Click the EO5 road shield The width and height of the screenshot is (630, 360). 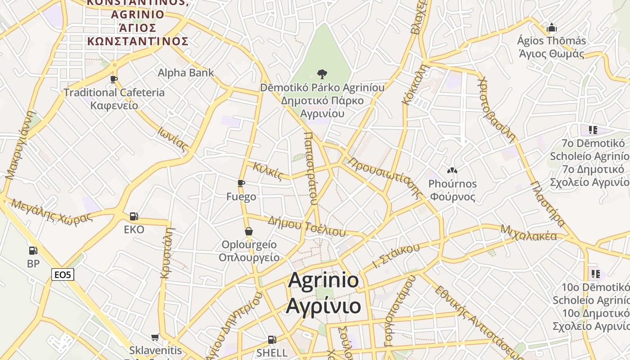63,274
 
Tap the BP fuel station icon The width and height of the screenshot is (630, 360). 33,251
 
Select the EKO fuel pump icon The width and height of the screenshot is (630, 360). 134,216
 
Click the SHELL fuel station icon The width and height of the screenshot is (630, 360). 271,340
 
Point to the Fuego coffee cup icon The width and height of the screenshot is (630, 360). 241,184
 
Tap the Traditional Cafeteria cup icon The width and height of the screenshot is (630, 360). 114,80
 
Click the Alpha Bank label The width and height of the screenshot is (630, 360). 185,72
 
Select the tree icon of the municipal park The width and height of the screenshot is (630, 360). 322,74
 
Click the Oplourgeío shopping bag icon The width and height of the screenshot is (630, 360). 248,231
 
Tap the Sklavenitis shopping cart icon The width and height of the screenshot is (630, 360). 155,337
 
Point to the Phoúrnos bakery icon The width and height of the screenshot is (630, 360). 452,171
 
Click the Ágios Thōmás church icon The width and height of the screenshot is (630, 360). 551,28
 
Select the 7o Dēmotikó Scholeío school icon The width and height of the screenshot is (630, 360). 593,130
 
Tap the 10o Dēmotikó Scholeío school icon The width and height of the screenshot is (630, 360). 596,274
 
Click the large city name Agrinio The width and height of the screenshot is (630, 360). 323,281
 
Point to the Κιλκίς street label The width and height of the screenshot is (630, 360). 268,171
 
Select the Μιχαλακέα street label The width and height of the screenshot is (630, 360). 528,234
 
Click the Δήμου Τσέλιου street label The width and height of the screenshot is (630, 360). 306,226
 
